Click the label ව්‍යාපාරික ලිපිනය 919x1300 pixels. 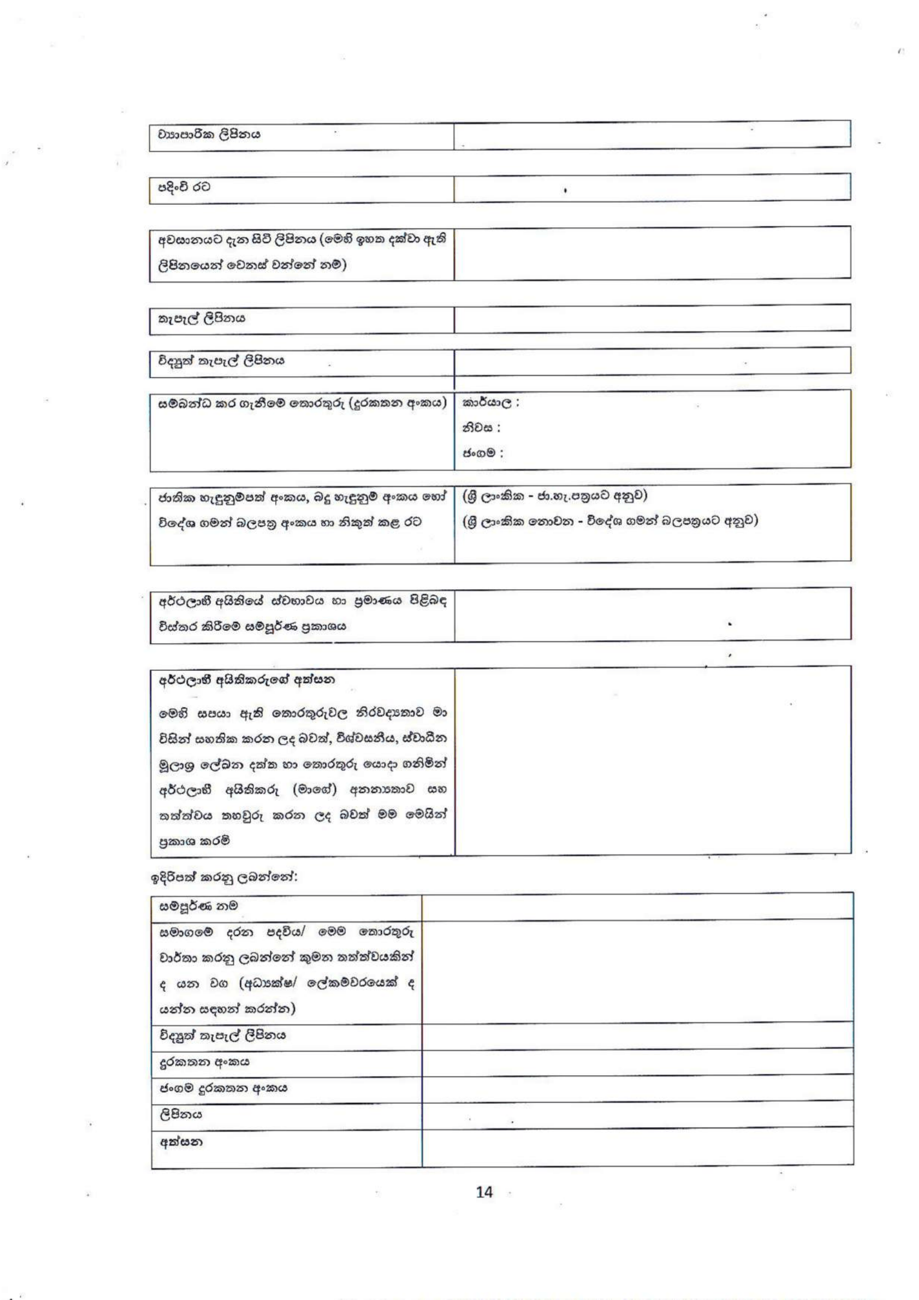coord(209,135)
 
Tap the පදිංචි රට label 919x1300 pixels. coord(183,187)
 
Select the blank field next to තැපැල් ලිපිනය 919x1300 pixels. coord(652,319)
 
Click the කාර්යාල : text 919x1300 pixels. coord(490,403)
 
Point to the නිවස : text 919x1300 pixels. coord(481,428)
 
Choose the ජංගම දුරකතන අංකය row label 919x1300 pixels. coord(223,1088)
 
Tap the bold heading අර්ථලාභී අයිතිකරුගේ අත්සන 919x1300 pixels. coord(246,679)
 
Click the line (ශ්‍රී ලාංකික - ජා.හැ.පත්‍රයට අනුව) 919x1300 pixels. coord(555,495)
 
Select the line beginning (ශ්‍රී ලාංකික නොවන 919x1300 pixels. coord(610,520)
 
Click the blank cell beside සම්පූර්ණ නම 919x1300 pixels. coord(637,906)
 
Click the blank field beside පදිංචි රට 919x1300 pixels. coord(652,188)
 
